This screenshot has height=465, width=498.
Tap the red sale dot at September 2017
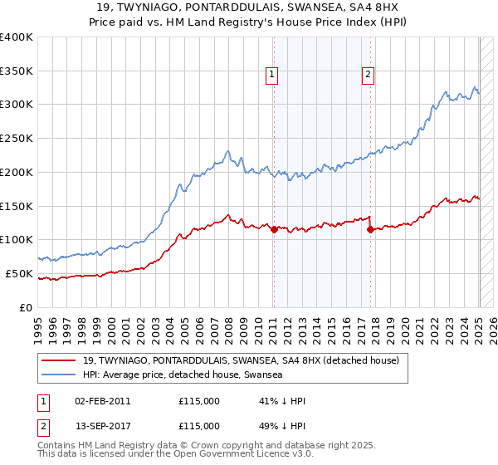coord(370,229)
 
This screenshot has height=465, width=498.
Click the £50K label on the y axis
coord(19,273)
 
